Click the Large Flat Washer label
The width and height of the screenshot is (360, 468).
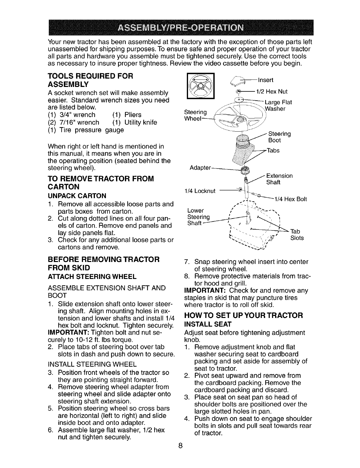pos(278,105)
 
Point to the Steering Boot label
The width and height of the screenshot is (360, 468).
pos(279,137)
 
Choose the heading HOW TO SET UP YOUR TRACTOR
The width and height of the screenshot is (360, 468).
pos(243,315)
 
